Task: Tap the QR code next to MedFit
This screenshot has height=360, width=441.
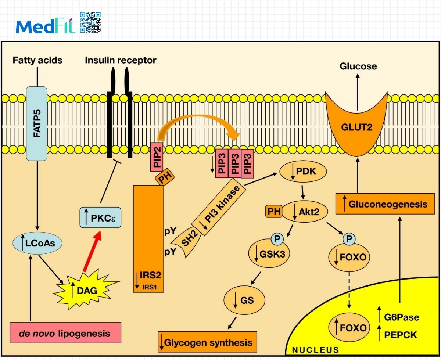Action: pos(90,22)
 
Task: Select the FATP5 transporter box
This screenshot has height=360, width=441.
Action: pos(37,123)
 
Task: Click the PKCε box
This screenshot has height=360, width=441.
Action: pos(100,217)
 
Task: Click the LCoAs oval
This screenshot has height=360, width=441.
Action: pos(37,244)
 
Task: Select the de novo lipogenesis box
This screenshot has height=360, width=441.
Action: pos(66,333)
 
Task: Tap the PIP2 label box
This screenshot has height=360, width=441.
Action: pos(157,157)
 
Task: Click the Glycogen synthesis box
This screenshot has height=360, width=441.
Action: pos(207,342)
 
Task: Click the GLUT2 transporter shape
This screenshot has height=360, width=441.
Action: pos(356,127)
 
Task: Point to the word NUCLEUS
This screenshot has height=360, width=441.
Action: pos(315,350)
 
